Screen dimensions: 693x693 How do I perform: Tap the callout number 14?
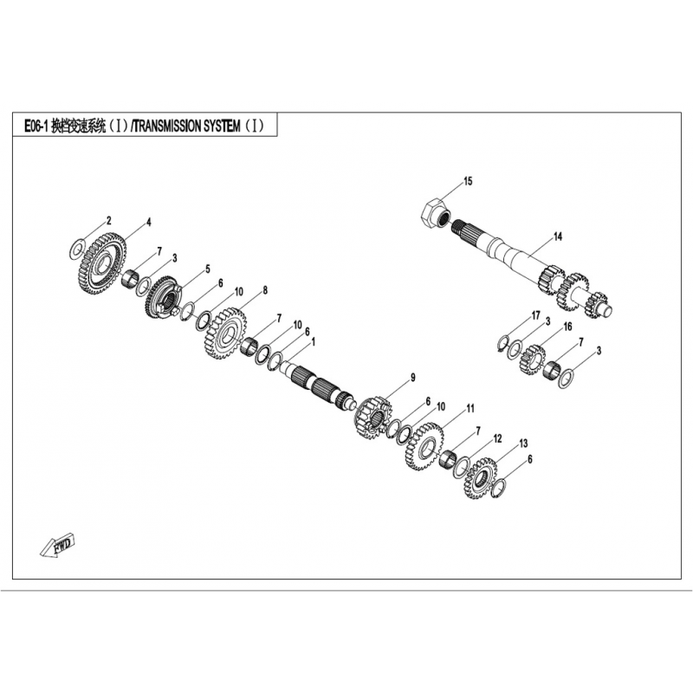coord(558,236)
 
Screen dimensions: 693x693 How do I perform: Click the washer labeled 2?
coord(76,249)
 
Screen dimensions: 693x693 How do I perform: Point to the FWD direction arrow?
coord(57,547)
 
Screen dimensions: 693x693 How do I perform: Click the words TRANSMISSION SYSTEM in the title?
coord(186,126)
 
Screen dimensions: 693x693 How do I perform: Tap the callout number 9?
coord(413,378)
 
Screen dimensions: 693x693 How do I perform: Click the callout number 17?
coord(535,315)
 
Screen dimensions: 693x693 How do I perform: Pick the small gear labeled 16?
coord(533,359)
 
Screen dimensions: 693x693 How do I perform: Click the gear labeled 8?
coord(227,334)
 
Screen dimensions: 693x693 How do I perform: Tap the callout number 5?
coord(207,269)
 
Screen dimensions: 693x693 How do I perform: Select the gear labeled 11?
coord(424,447)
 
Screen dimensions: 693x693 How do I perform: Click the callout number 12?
coord(497,438)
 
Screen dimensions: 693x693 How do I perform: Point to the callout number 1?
coord(314,341)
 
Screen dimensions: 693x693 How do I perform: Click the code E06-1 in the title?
coord(36,126)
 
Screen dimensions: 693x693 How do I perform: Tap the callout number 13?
coord(523,444)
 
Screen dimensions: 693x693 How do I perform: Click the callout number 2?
coord(109,221)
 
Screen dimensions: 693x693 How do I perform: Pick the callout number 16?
coord(567,327)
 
